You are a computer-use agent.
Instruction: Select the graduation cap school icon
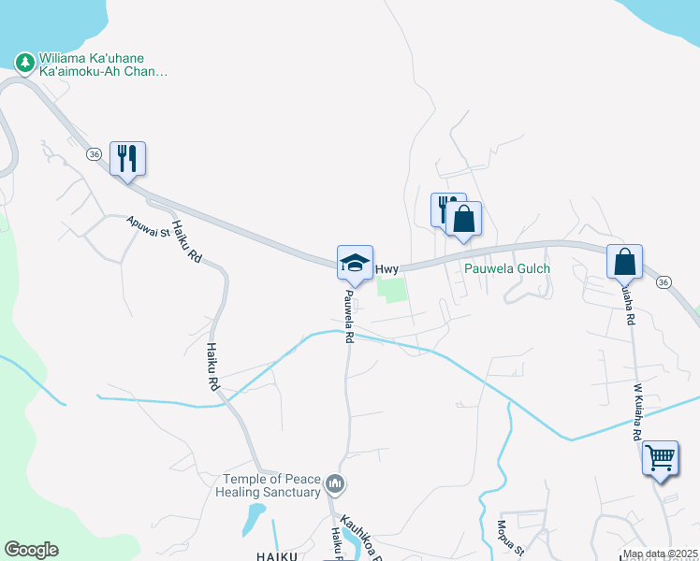356,263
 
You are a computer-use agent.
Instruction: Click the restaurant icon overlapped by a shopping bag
443,208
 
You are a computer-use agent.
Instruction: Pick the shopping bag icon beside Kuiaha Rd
624,262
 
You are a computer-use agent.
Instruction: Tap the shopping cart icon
660,458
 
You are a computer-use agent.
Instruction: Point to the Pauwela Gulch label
508,268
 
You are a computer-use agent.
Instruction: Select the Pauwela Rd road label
347,316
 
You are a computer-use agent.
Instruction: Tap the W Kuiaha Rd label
637,412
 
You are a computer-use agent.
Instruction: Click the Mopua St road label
503,538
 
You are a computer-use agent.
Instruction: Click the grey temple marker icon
338,484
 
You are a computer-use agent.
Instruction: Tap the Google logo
31,550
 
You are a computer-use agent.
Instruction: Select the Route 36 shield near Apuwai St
94,153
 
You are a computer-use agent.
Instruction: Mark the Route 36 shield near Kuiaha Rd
664,281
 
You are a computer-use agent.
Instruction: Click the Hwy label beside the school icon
387,269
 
